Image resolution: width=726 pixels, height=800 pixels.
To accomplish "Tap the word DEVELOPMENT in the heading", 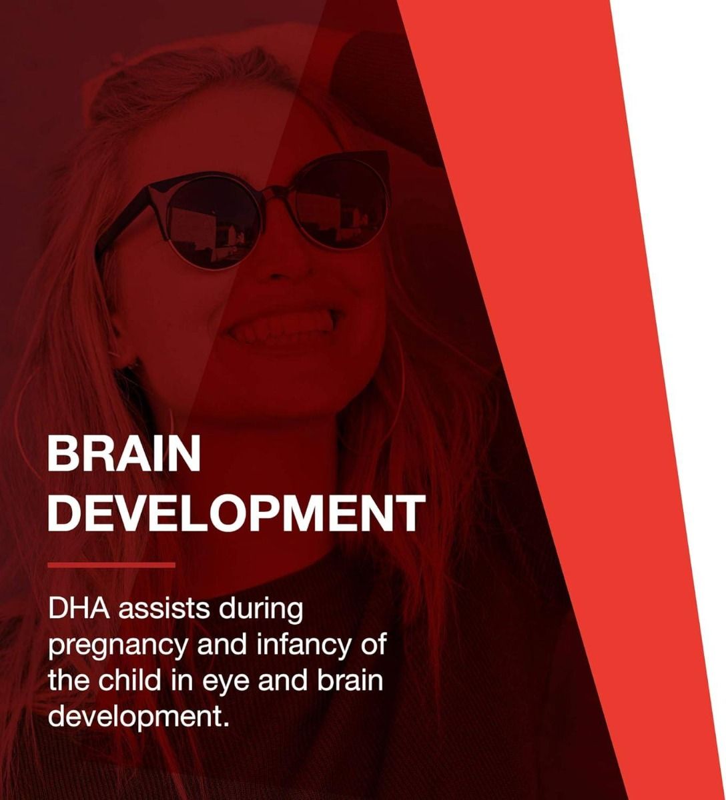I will coord(236,513).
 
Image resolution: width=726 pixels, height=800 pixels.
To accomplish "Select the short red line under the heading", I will coord(111,565).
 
